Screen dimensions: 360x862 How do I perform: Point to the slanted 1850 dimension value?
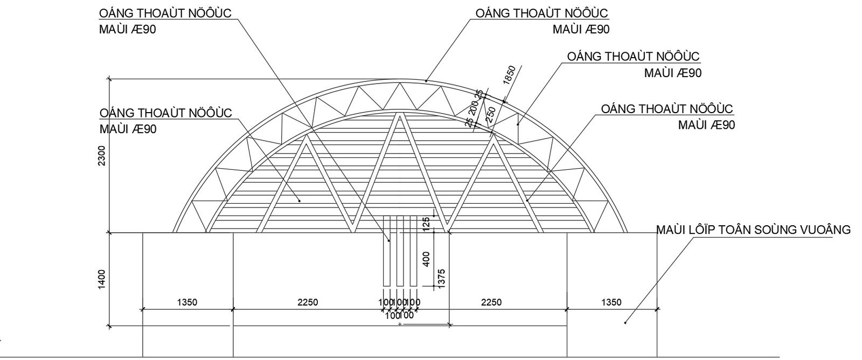coord(509,75)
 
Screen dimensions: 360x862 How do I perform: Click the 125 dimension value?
coord(426,224)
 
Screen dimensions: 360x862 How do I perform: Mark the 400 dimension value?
coord(426,259)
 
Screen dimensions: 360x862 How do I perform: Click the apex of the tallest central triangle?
coord(399,114)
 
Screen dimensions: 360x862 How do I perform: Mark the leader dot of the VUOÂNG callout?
coord(625,323)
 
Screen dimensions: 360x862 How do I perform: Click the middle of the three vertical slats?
coord(400,251)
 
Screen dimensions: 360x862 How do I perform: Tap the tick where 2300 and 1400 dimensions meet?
coord(109,233)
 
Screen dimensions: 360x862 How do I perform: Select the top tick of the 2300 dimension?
coord(109,79)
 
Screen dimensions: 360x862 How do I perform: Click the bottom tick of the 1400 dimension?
coord(109,326)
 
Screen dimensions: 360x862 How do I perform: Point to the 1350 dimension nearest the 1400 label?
coord(187,302)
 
